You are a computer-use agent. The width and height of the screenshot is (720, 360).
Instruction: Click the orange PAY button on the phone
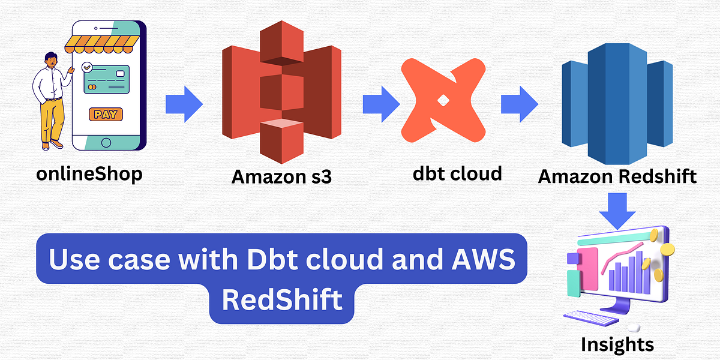point(106,114)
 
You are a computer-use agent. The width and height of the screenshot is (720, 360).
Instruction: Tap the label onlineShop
point(89,174)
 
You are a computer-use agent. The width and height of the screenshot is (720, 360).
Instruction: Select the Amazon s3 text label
point(281,177)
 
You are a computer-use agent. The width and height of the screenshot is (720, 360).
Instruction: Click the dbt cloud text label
point(457,173)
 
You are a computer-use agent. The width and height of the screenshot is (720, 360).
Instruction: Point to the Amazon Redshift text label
point(617,176)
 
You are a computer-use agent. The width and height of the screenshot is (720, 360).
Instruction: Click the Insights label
point(617,344)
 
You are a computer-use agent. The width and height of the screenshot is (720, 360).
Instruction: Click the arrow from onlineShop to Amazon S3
point(184,104)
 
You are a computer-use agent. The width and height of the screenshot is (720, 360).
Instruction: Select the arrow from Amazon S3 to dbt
point(380,103)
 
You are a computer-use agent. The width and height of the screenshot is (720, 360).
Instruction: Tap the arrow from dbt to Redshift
point(520,103)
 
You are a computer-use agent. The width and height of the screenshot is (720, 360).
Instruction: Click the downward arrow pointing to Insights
point(619,209)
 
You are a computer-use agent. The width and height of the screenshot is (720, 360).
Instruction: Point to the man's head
point(51,59)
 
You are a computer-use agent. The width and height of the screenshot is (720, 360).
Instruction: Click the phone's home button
point(106,142)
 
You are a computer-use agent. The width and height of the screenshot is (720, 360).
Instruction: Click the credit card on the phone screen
point(106,80)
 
